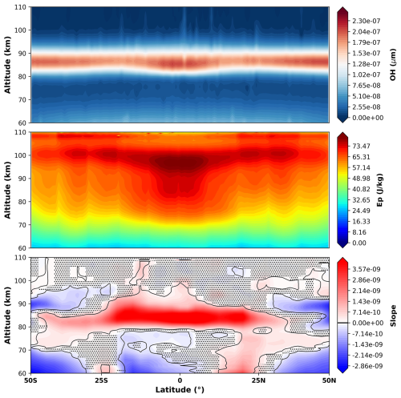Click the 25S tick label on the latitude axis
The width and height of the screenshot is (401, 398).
coord(101,380)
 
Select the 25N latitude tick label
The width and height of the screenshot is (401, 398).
coord(258,380)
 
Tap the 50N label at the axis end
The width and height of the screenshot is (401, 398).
coord(329,380)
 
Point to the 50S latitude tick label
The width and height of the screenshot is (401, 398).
coord(30,380)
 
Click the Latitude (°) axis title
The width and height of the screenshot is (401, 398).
coord(180,390)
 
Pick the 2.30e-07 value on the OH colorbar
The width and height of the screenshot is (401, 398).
coord(367,21)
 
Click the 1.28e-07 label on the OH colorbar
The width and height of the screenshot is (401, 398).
coord(367,64)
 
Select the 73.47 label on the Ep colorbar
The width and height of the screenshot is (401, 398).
coord(361,146)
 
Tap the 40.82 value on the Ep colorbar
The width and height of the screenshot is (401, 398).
coord(361,189)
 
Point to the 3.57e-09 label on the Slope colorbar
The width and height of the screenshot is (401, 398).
coord(367,269)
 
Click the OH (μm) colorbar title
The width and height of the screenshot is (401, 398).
coord(393,65)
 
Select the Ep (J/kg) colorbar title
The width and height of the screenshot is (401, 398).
coord(379,190)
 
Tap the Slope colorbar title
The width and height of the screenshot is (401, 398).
coord(393,316)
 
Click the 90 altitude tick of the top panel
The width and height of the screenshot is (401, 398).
coord(22,54)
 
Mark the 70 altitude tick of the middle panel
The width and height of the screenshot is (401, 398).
coord(22,225)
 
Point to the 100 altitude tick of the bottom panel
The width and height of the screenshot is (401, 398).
coord(20,280)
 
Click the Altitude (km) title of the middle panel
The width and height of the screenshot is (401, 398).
coord(7,190)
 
